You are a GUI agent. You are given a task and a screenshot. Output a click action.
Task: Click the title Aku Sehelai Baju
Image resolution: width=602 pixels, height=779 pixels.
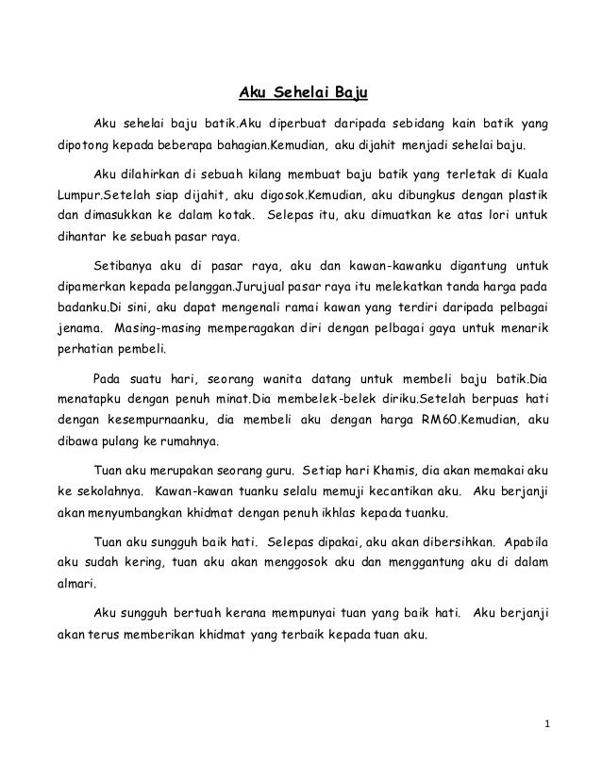coord(301,93)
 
